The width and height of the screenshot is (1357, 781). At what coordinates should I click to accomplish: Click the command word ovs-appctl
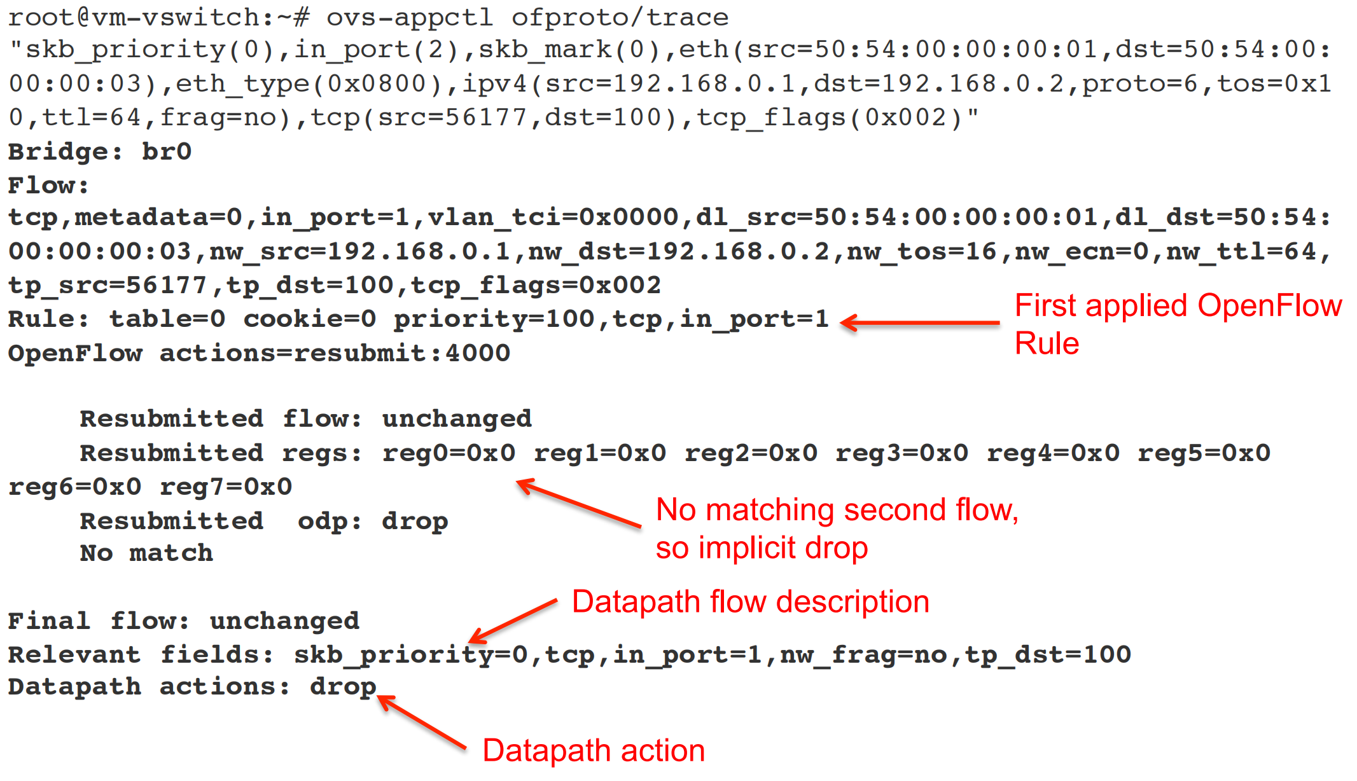pyautogui.click(x=409, y=17)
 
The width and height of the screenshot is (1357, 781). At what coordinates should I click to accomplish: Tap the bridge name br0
pyautogui.click(x=166, y=151)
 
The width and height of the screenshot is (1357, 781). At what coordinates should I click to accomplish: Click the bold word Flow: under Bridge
pyautogui.click(x=48, y=185)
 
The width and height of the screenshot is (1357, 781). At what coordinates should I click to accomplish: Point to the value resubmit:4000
pyautogui.click(x=401, y=353)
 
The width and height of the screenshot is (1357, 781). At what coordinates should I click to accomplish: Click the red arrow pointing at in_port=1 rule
pyautogui.click(x=919, y=322)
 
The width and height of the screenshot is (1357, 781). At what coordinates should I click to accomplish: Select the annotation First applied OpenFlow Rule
pyautogui.click(x=1177, y=324)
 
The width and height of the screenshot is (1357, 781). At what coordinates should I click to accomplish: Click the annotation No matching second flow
pyautogui.click(x=837, y=510)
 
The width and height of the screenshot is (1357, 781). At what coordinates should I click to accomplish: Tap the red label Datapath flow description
pyautogui.click(x=750, y=602)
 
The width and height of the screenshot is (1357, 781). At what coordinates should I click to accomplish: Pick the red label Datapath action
pyautogui.click(x=594, y=750)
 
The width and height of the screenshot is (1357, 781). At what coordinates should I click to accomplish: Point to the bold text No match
pyautogui.click(x=146, y=553)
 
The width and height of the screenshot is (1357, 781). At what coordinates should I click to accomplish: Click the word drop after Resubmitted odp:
pyautogui.click(x=415, y=521)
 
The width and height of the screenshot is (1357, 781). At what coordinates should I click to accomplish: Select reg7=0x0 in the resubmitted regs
pyautogui.click(x=226, y=487)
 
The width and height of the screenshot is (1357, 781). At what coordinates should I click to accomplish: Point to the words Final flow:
pyautogui.click(x=99, y=621)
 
